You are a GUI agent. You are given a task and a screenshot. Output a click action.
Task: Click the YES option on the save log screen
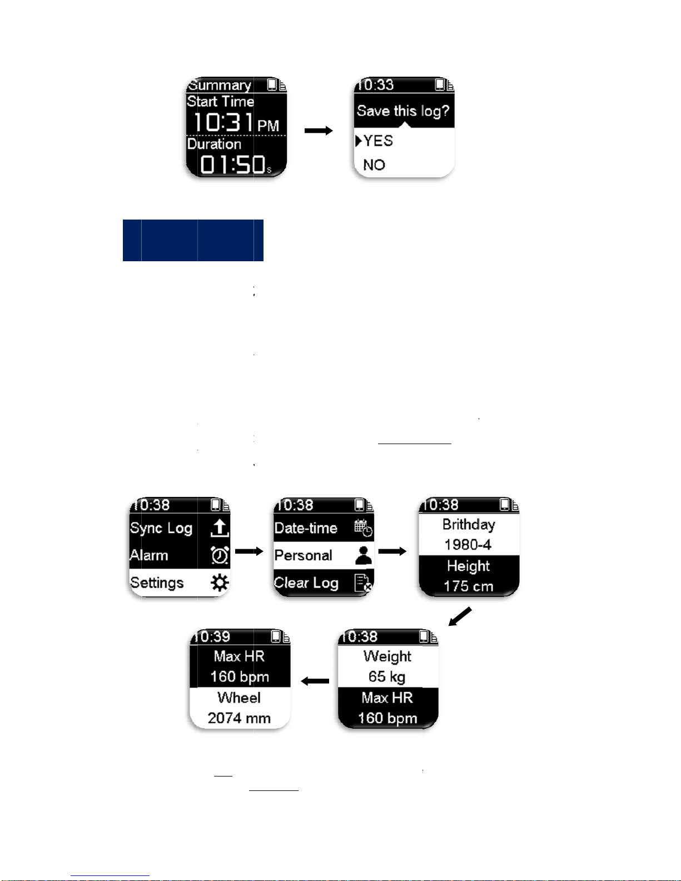pyautogui.click(x=378, y=141)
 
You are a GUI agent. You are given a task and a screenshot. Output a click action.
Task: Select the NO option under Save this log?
pyautogui.click(x=374, y=165)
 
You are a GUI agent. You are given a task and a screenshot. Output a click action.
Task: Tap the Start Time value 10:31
pyautogui.click(x=223, y=122)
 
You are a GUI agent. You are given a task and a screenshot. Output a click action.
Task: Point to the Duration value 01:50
pyautogui.click(x=232, y=165)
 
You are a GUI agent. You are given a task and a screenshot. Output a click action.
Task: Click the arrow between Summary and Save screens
pyautogui.click(x=319, y=131)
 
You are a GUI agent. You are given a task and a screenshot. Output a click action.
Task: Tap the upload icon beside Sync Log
pyautogui.click(x=220, y=528)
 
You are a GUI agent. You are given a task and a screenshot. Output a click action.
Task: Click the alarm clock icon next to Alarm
pyautogui.click(x=220, y=555)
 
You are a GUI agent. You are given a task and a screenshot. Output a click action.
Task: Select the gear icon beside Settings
pyautogui.click(x=220, y=583)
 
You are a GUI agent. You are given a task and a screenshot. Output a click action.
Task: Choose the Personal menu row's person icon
pyautogui.click(x=364, y=555)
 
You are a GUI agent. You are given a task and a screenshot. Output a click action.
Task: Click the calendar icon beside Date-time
pyautogui.click(x=364, y=528)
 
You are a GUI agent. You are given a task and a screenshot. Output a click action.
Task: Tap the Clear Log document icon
pyautogui.click(x=363, y=583)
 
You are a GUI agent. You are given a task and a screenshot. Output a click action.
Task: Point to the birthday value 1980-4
pyautogui.click(x=468, y=545)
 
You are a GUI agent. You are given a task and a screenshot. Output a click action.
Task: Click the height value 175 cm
pyautogui.click(x=468, y=586)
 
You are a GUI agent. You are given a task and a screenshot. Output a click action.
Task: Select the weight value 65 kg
pyautogui.click(x=387, y=677)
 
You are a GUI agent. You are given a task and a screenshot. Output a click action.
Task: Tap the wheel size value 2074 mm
pyautogui.click(x=239, y=718)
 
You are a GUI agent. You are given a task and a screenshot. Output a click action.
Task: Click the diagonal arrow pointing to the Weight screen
pyautogui.click(x=460, y=616)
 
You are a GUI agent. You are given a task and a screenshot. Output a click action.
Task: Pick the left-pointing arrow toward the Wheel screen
pyautogui.click(x=315, y=681)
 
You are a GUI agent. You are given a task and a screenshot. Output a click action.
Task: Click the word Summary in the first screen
pyautogui.click(x=220, y=85)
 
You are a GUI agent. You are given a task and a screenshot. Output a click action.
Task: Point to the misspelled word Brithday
pyautogui.click(x=469, y=525)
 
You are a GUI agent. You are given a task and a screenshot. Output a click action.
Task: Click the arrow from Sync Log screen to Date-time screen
pyautogui.click(x=249, y=551)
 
